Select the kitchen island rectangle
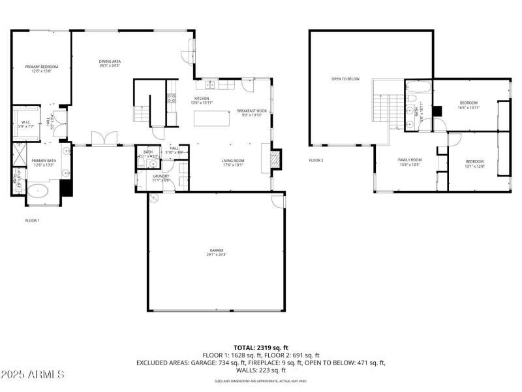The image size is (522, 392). point(212,119)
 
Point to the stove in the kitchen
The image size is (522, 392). point(172,99)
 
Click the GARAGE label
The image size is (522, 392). point(215,252)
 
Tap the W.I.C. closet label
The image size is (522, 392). point(26,123)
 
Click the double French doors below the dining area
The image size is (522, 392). point(104,139)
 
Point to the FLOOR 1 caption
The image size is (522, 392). point(32,221)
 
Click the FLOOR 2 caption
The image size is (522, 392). point(316,160)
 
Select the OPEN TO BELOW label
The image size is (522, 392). point(345,79)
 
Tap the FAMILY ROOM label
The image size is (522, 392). point(410,161)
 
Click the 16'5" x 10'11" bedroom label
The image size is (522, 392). point(468,105)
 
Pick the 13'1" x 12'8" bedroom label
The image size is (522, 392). point(474,163)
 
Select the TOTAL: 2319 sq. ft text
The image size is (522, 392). point(261,348)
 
